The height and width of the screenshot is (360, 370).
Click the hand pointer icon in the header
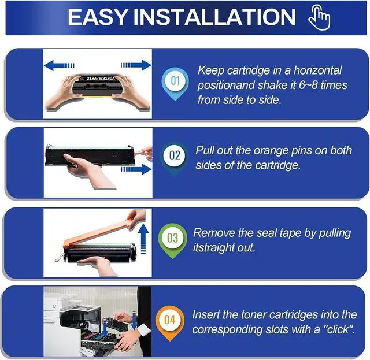[x=319, y=18]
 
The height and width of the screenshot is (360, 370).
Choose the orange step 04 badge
[x=169, y=322]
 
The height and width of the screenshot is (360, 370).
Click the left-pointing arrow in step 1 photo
[x=59, y=65]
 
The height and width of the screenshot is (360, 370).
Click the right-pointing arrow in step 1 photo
[x=136, y=65]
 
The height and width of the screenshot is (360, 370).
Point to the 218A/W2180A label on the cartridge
[x=101, y=78]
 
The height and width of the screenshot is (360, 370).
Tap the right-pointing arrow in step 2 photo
[x=136, y=169]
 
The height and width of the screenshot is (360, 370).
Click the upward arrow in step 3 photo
[x=143, y=239]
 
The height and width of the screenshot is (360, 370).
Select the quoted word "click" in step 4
[x=339, y=329]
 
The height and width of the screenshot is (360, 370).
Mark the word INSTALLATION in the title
[x=214, y=17]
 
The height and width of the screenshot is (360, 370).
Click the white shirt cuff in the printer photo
[x=143, y=329]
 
